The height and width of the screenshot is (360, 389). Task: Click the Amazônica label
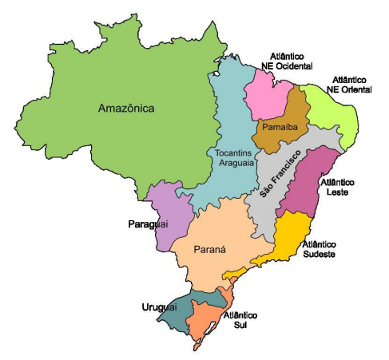[x=126, y=108]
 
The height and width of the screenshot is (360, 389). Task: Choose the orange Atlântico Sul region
[x=209, y=321]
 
